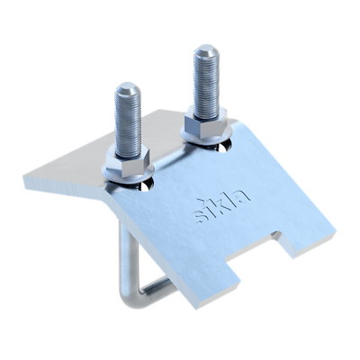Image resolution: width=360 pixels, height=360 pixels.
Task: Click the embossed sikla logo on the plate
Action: coord(221,206)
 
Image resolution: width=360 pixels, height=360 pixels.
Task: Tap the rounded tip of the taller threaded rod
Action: coord(205,50)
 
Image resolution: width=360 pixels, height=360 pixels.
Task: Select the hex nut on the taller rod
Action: coord(205,121)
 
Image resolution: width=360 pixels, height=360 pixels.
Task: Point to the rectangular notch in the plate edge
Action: coord(258,246)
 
